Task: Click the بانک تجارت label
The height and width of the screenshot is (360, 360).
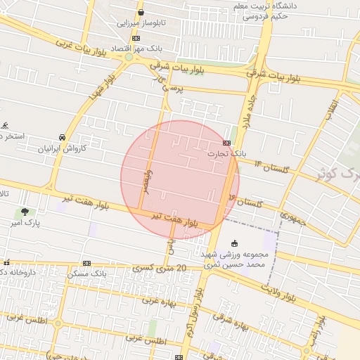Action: pyautogui.click(x=228, y=152)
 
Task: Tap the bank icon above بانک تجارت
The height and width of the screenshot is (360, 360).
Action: pyautogui.click(x=217, y=141)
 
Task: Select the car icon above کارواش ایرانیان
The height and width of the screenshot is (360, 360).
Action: pyautogui.click(x=63, y=136)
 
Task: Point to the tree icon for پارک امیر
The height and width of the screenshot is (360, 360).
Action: pyautogui.click(x=26, y=211)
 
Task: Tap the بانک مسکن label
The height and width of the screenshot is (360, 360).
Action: pyautogui.click(x=86, y=273)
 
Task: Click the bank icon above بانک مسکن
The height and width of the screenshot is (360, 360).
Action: pyautogui.click(x=86, y=263)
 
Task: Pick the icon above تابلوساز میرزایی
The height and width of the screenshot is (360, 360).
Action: pyautogui.click(x=141, y=12)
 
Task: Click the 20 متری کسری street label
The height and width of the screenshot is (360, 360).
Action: pyautogui.click(x=163, y=268)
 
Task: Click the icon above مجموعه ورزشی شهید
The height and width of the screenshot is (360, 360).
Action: pyautogui.click(x=234, y=243)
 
